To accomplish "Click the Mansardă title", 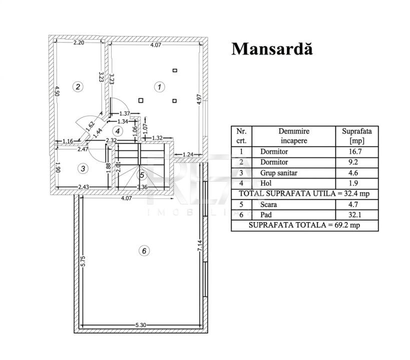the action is tap(272, 49).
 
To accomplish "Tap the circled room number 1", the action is tap(160, 87).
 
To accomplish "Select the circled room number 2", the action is tap(78, 86).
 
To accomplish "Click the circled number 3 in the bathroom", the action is tap(83, 168).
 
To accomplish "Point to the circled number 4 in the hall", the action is tap(118, 131).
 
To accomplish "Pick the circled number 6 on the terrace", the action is tap(144, 251).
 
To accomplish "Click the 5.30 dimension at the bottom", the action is tap(141, 325).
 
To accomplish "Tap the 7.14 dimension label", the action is tap(200, 246).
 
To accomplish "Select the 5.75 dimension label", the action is tap(83, 261).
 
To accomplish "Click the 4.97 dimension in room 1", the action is tap(199, 99).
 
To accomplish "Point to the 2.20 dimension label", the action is tap(79, 42).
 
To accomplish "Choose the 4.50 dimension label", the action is tap(57, 91).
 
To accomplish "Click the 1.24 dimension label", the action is tap(188, 154).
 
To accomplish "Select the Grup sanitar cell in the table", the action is tap(279, 173).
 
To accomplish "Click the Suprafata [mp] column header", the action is tap(356, 136).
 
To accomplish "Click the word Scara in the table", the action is tap(268, 204).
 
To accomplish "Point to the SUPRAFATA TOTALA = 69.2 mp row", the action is tap(304, 225).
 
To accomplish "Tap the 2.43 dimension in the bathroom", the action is tap(84, 187).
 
